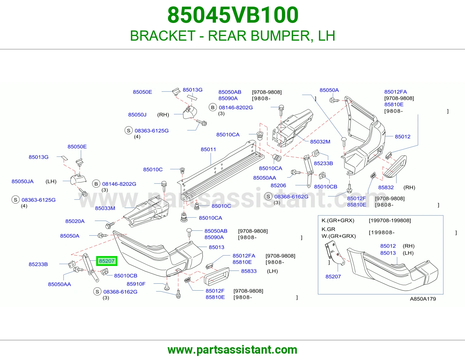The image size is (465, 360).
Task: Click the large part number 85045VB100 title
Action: (x=233, y=15)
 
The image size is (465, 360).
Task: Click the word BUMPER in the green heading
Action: (x=280, y=36)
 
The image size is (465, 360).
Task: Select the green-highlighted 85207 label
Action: (x=107, y=261)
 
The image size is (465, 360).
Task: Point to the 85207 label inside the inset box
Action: (x=333, y=277)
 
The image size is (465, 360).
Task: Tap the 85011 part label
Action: (x=208, y=150)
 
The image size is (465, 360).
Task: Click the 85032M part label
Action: (x=320, y=142)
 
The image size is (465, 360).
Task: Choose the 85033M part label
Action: (x=105, y=208)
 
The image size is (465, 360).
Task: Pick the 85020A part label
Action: (x=75, y=221)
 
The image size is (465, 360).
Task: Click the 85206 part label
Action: (x=278, y=186)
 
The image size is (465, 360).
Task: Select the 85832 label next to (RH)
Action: (x=386, y=188)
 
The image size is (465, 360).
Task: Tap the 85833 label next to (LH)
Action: (x=249, y=271)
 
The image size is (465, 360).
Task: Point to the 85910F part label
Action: (x=136, y=284)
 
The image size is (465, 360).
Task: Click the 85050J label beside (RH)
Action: (x=137, y=115)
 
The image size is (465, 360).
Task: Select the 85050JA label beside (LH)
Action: (x=22, y=181)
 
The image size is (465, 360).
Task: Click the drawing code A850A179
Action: (x=423, y=299)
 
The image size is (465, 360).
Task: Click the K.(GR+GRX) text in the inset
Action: (x=338, y=220)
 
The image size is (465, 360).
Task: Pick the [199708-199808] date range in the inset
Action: (x=390, y=220)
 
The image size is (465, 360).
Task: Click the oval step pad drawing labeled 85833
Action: (x=217, y=276)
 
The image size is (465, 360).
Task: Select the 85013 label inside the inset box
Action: (x=388, y=253)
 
